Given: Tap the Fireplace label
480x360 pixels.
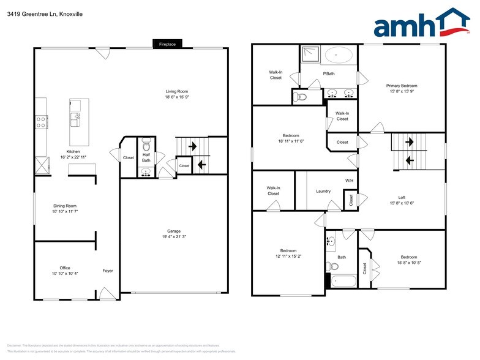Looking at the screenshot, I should (x=167, y=44).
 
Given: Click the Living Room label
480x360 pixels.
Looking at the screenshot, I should (x=176, y=91).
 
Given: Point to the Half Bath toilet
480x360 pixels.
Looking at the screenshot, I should (x=146, y=147).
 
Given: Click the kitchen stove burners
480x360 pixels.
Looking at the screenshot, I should (x=42, y=121).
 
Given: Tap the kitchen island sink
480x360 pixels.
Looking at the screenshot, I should (x=76, y=117).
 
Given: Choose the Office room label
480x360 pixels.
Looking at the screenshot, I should (x=65, y=268).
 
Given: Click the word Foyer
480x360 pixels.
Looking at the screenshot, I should (x=108, y=271).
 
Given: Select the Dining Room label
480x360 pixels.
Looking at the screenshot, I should (x=65, y=206).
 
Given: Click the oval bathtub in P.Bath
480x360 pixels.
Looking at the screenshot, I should (x=339, y=56).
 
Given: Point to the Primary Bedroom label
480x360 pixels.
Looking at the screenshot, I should (x=402, y=85).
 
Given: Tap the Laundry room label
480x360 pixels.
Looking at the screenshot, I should (x=323, y=191).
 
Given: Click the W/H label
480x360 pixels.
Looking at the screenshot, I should (x=349, y=181).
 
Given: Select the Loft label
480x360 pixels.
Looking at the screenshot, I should (x=402, y=197).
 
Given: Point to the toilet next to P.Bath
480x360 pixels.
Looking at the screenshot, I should (x=301, y=97).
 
